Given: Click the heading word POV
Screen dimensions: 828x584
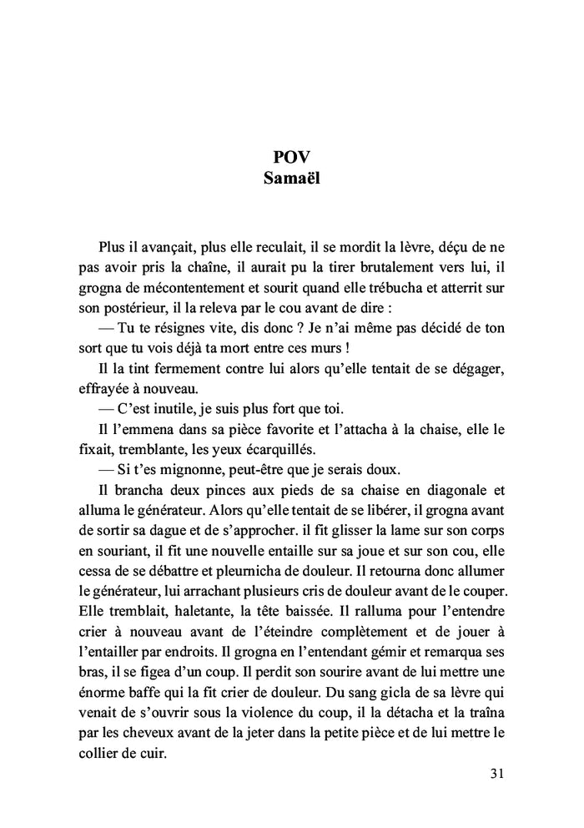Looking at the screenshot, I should click(x=292, y=158).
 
